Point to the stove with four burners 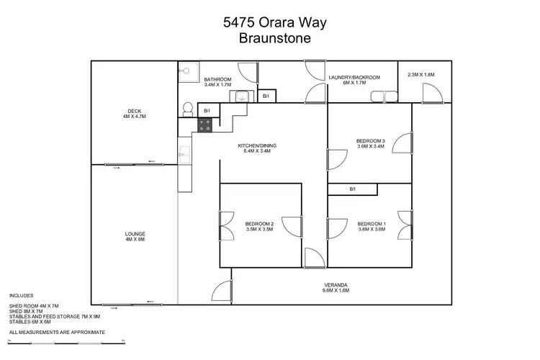(x=204, y=125)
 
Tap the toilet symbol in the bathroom (x=187, y=109)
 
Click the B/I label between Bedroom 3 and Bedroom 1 (x=352, y=189)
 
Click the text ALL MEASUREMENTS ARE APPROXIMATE (x=57, y=332)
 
